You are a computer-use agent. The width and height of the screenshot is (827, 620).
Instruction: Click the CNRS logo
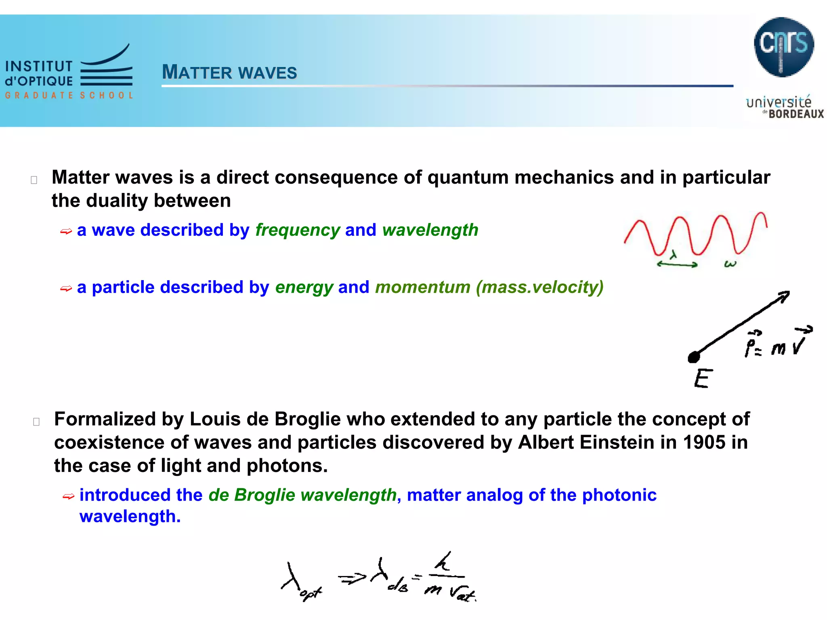coord(783,47)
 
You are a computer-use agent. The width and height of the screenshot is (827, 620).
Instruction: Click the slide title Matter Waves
coord(229,73)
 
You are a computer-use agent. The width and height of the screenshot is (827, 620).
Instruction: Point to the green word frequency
coord(298,230)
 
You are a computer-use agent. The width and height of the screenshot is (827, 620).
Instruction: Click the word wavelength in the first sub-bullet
coord(430,230)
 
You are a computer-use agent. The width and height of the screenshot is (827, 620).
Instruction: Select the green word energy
coord(304,287)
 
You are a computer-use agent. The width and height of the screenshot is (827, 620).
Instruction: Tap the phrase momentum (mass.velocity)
coord(489,287)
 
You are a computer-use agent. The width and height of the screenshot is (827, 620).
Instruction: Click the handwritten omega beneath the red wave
coord(730,264)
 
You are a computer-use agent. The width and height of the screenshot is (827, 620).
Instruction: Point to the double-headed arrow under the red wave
coord(677,264)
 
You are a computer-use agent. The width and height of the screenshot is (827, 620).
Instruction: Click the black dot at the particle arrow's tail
coord(694,357)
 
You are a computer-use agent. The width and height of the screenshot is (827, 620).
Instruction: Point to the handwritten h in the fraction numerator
coord(443,562)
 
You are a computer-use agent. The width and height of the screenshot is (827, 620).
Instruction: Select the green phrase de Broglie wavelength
coord(302,495)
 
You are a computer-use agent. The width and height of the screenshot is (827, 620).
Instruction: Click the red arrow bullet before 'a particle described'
coord(66,289)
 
